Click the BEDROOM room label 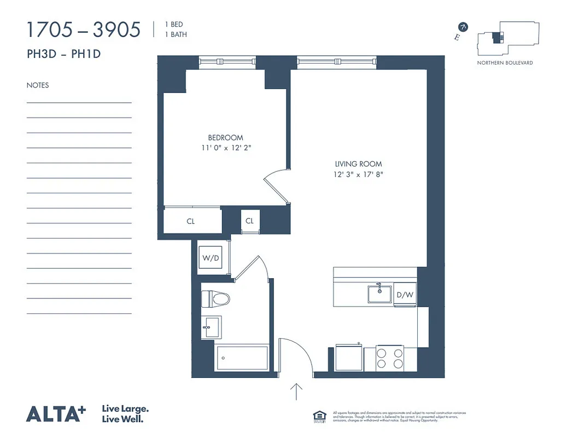(225, 137)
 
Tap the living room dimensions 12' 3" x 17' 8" (358, 175)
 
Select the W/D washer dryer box (211, 257)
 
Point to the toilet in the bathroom (215, 299)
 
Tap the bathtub (243, 358)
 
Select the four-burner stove (389, 359)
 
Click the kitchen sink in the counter (379, 293)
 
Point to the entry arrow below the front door (296, 392)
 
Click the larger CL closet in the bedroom (191, 221)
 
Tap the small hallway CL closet (249, 221)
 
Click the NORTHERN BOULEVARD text (505, 63)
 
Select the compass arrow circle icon (464, 26)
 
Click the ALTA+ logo (56, 413)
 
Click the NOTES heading (37, 85)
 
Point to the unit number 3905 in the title (116, 30)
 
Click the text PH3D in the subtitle (42, 54)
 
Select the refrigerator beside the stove (348, 358)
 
